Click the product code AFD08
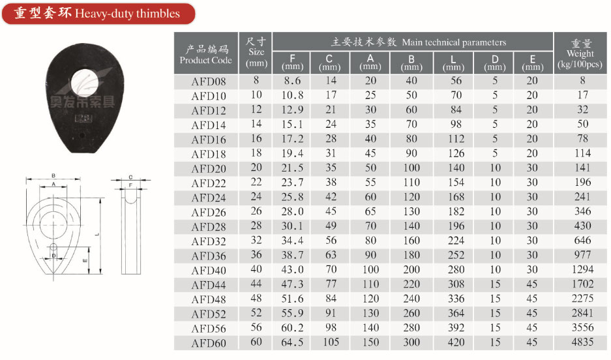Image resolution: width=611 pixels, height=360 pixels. click(205, 82)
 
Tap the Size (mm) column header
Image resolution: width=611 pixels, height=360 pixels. click(256, 52)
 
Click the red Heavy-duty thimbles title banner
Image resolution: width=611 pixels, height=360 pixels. click(98, 14)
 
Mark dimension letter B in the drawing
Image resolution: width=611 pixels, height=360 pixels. click(53, 175)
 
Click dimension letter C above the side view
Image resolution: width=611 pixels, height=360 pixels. click(130, 177)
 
